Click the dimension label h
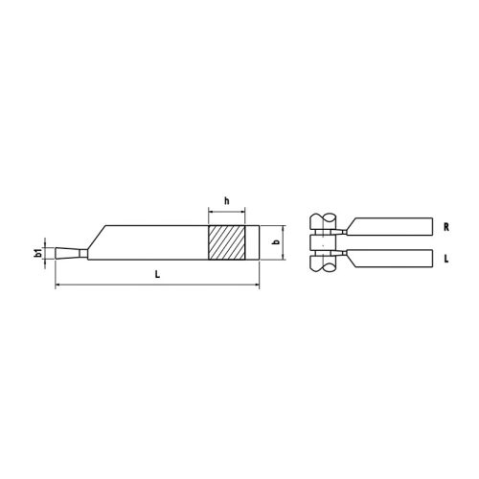[226, 200]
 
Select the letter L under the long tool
[157, 276]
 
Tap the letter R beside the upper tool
[447, 229]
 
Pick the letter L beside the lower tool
[447, 259]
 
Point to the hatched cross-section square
[226, 242]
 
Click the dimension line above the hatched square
[226, 211]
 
